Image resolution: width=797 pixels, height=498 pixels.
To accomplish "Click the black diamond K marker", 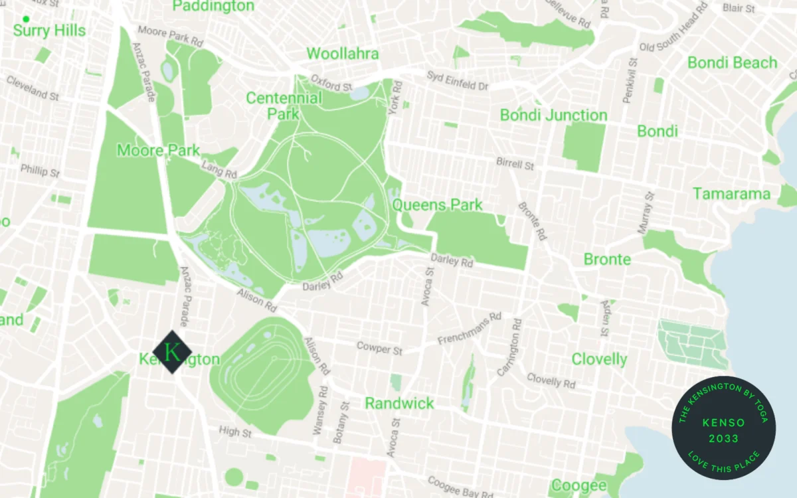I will (172, 352).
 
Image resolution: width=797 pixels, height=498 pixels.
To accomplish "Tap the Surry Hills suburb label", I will (49, 31).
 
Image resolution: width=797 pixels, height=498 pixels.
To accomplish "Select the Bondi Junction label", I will (553, 115).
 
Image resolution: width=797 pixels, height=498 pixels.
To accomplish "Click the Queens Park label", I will (437, 205).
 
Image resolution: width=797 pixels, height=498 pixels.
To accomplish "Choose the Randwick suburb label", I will (399, 403).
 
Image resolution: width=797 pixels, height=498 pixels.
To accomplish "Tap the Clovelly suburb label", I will (599, 359).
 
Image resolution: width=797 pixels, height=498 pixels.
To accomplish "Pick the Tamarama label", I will (732, 194).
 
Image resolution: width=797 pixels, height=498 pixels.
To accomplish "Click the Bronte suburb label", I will (607, 259).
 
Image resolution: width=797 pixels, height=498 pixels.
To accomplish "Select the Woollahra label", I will (342, 54).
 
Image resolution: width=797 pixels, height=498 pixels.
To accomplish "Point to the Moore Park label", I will (158, 151).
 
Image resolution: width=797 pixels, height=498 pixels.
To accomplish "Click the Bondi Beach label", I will (732, 63).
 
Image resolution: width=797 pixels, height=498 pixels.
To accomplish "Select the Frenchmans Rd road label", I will (469, 329).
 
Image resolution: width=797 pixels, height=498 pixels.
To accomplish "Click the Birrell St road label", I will (515, 163).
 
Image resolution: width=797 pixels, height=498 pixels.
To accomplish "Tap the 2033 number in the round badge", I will (723, 438).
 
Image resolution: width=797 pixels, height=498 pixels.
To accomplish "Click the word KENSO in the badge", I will (723, 423).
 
